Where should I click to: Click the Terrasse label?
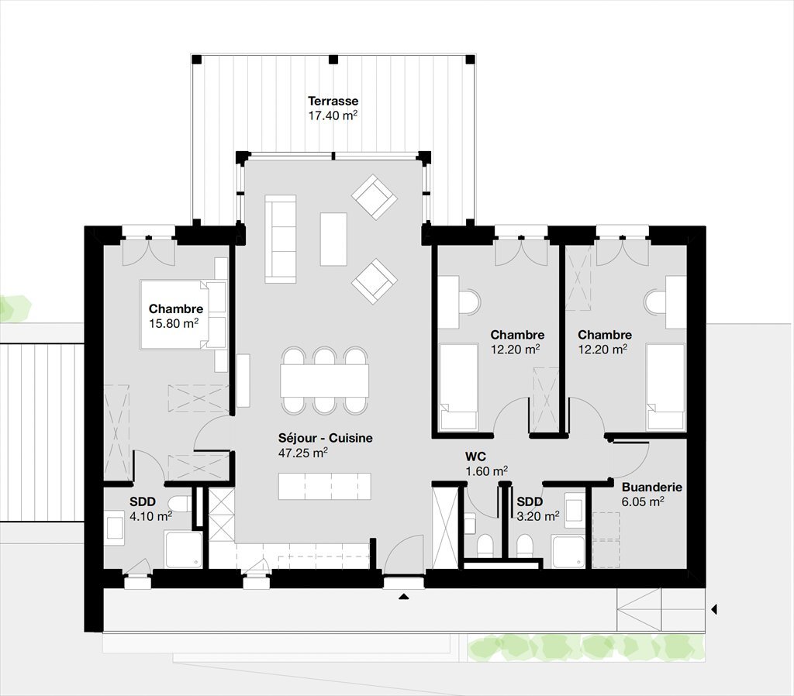(333, 101)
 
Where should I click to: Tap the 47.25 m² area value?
(303, 453)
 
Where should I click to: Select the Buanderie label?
(651, 487)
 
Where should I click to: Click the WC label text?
(475, 457)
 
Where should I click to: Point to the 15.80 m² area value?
(174, 323)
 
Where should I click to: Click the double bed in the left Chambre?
(183, 315)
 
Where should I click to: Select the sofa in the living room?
(280, 239)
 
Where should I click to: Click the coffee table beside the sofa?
(333, 239)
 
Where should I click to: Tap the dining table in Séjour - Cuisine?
(325, 381)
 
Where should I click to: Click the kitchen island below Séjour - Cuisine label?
(325, 486)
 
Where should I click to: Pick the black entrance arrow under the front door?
(403, 597)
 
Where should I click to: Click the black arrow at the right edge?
(714, 609)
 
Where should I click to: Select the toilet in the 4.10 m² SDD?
(179, 505)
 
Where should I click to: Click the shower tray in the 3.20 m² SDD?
(568, 553)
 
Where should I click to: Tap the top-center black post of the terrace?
(333, 59)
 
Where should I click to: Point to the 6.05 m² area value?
(643, 501)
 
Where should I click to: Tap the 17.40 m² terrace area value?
(333, 115)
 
